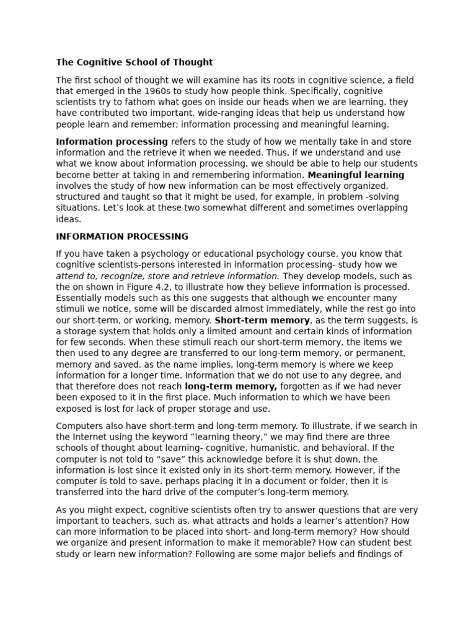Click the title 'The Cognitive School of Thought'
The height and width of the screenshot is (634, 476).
pyautogui.click(x=134, y=62)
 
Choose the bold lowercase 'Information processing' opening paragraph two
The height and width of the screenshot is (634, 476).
pyautogui.click(x=112, y=142)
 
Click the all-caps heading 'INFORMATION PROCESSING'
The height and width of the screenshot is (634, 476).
pyautogui.click(x=122, y=237)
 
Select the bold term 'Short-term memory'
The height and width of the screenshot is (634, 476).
pyautogui.click(x=262, y=321)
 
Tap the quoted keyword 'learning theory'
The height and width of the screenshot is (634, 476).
pyautogui.click(x=228, y=437)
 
